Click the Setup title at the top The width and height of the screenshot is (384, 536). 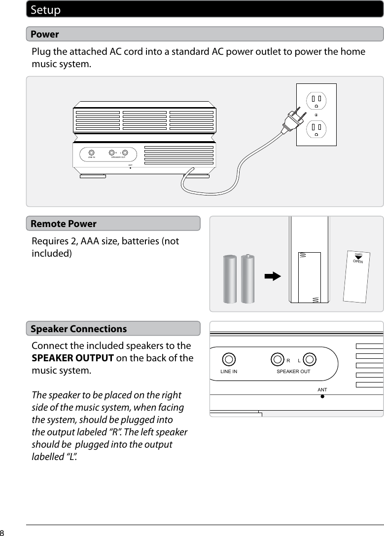46,10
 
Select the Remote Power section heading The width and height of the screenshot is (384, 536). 64,224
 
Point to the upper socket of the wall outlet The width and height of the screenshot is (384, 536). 315,101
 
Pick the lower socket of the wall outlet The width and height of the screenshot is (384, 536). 315,129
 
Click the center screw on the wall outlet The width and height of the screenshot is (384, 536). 315,115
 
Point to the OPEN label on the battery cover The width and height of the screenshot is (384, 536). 358,261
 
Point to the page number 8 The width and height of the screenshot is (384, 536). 2,533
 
